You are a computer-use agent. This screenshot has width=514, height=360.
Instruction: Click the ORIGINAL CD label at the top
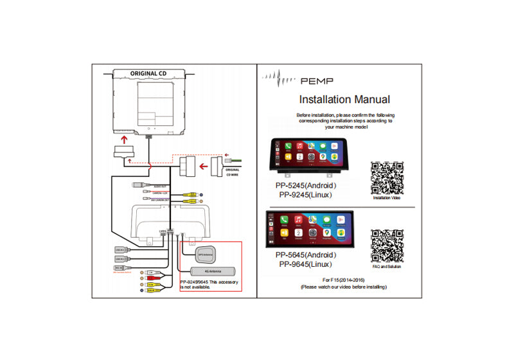(148, 73)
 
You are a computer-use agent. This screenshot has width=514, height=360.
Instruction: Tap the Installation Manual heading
(344, 100)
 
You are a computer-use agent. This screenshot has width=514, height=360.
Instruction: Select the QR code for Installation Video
(387, 178)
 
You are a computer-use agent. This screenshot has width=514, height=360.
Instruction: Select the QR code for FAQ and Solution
(387, 246)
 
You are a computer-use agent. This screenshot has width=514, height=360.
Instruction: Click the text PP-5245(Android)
(306, 186)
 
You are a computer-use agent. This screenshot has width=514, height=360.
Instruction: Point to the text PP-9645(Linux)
(306, 264)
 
